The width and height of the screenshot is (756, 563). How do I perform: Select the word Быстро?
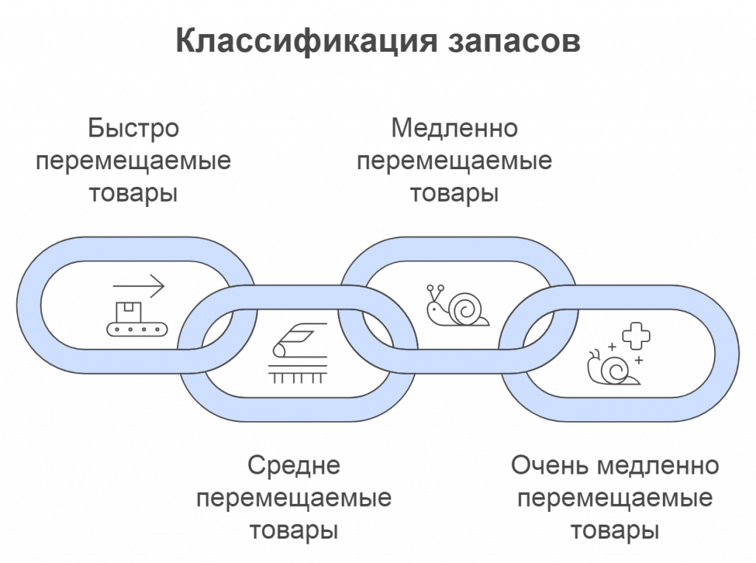(134, 129)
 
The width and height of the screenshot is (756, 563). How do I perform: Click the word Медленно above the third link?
(455, 129)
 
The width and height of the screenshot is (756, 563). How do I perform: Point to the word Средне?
(294, 466)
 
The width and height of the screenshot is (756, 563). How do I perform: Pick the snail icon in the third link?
(456, 304)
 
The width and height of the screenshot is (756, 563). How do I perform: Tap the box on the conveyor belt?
(131, 311)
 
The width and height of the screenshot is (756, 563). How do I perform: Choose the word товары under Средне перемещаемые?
(294, 531)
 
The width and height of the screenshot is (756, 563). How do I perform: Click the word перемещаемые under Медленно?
(455, 161)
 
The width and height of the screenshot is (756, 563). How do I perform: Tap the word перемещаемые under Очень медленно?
(614, 499)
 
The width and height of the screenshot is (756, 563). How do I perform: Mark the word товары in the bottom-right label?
(614, 531)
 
